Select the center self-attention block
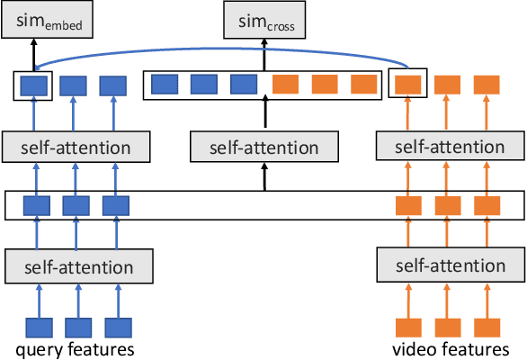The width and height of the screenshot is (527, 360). (264, 146)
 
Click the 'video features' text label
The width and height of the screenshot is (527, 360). (451, 348)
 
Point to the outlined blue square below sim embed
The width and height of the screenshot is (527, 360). (34, 85)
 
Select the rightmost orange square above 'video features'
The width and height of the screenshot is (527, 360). (487, 327)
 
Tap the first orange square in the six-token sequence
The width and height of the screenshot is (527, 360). (285, 85)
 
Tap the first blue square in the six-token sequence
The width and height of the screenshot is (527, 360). (164, 85)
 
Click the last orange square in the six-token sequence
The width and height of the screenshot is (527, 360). (363, 85)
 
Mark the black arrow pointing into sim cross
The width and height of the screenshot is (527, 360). (264, 54)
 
